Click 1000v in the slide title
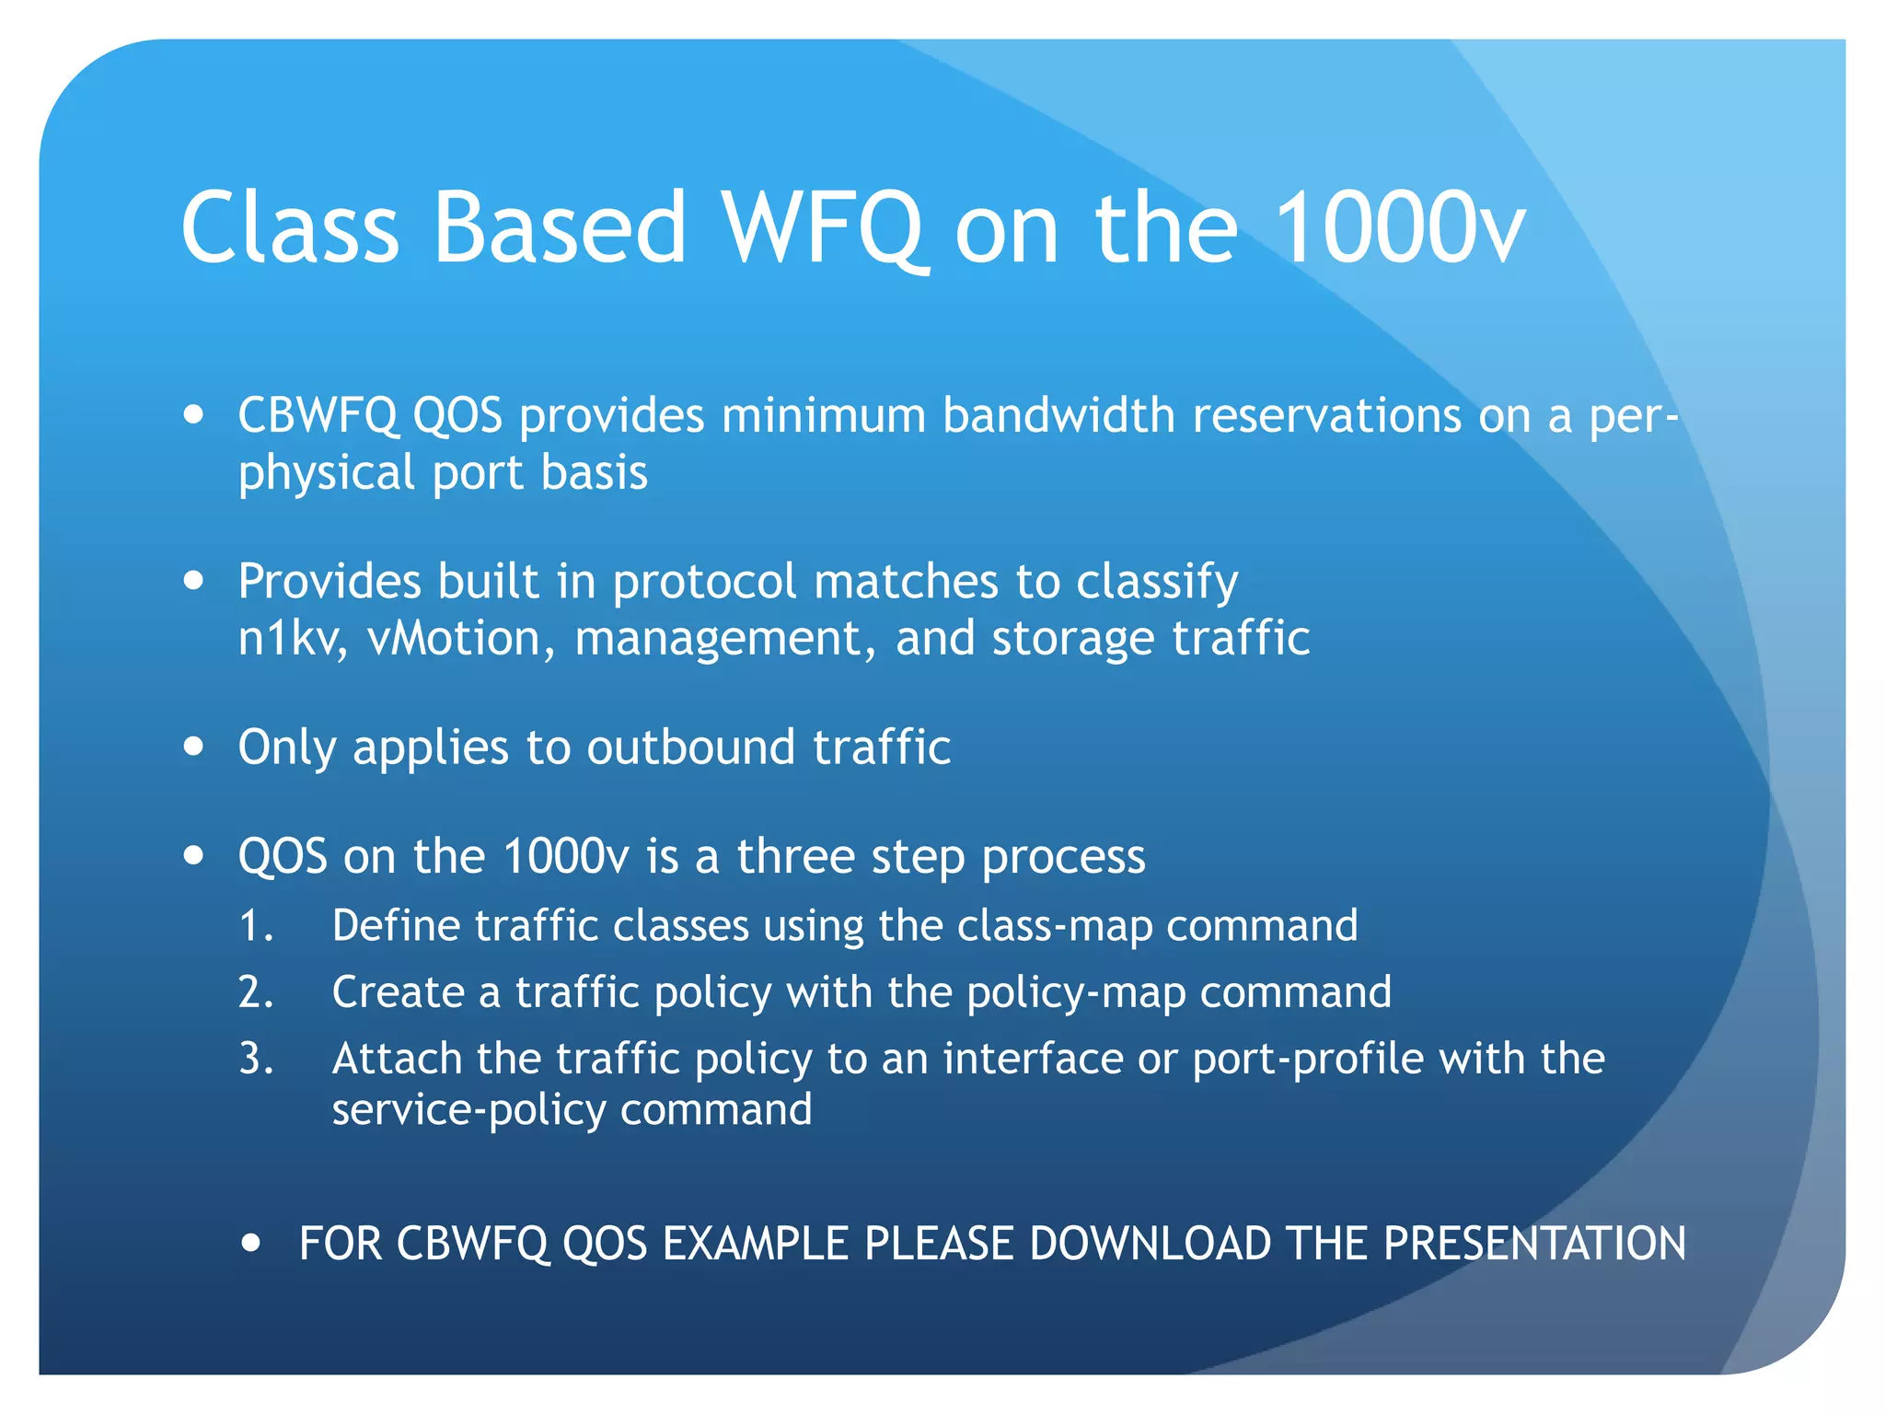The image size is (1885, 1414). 1401,227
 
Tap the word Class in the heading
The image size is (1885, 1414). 290,227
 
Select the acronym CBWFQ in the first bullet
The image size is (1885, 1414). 318,416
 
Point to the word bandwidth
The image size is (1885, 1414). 1058,416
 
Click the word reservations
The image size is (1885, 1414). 1326,416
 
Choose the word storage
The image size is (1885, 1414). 1073,640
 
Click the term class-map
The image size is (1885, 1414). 1054,926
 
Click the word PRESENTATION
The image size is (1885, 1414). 1534,1244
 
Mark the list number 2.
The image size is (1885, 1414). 255,993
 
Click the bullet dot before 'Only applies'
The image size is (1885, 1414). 193,746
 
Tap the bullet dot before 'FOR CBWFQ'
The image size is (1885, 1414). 250,1244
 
